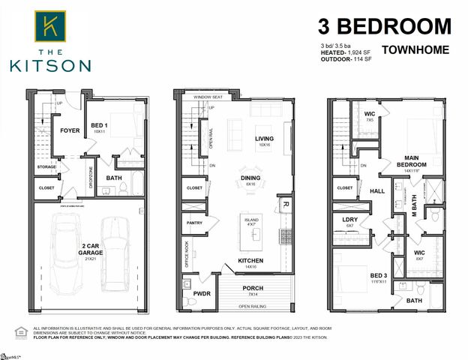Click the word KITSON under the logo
tap(51, 66)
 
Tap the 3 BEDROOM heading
tap(385, 27)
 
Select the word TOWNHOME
tap(416, 51)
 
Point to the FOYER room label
tap(70, 129)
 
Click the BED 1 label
tap(98, 127)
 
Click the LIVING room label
tap(264, 139)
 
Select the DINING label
tap(250, 178)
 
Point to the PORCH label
tap(252, 288)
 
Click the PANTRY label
tap(193, 223)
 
